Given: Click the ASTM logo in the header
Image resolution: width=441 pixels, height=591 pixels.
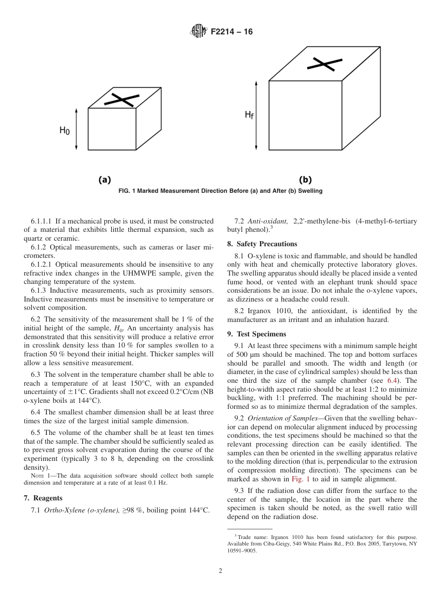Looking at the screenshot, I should [198, 32].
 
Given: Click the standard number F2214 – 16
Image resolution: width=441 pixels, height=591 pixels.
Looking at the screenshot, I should [232, 32].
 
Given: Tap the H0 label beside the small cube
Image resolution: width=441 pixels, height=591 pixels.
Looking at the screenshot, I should [65, 131].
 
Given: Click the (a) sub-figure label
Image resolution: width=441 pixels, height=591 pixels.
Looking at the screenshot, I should [104, 180].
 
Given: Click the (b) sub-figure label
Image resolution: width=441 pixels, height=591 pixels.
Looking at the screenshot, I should [305, 180].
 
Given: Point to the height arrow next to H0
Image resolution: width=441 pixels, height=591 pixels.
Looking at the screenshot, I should [77, 129].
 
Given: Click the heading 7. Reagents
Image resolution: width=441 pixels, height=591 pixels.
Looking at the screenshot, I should [43, 498].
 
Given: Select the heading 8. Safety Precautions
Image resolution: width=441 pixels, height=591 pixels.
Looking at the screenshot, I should [262, 244].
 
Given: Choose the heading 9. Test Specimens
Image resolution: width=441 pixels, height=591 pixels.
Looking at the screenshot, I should [256, 334].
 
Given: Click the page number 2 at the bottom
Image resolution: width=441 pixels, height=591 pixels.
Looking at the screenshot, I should [220, 571].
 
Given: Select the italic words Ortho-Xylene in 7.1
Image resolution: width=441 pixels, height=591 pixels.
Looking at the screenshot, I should [60, 511].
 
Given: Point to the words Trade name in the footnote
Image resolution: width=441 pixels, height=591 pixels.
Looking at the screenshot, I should [251, 537].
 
